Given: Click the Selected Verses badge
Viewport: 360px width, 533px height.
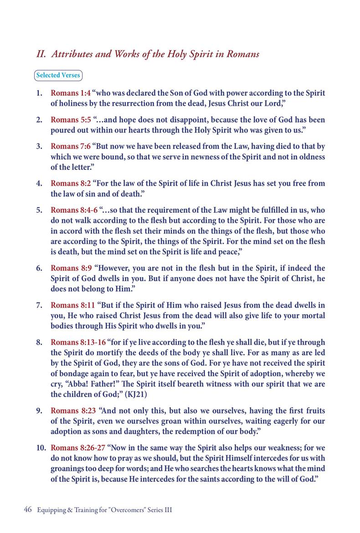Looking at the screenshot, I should [x=58, y=75].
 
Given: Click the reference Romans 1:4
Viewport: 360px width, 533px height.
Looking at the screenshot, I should [x=70, y=94].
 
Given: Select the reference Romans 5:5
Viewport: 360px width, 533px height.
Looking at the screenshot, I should [x=70, y=120].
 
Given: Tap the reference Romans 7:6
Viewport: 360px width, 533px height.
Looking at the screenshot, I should [x=70, y=147].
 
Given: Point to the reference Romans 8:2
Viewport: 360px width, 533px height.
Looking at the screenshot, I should [x=70, y=184].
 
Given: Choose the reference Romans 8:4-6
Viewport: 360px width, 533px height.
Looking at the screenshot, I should [x=74, y=210].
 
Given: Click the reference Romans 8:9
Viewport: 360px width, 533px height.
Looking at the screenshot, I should [x=70, y=268].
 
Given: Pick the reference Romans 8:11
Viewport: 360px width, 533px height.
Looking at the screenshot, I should [x=72, y=305].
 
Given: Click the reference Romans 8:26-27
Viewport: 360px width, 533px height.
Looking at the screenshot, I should [x=78, y=448].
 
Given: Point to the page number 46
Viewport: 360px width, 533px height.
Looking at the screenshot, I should [x=27, y=510].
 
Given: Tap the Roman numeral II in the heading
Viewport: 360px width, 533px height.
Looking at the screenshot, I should [x=41, y=54].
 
